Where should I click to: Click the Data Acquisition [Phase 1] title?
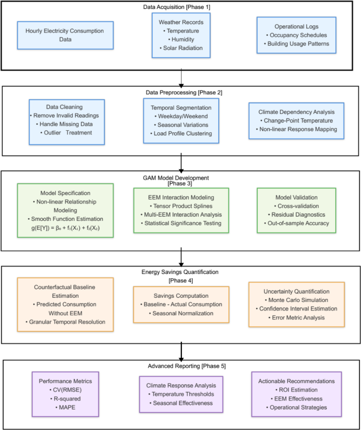tap(180, 7)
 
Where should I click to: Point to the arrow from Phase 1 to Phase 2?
tap(181, 76)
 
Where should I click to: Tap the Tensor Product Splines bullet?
tap(181, 206)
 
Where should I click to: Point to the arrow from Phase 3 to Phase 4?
tap(181, 258)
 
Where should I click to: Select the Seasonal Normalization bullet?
tap(181, 313)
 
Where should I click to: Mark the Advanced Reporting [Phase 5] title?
tap(180, 366)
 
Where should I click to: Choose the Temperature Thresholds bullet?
tap(181, 394)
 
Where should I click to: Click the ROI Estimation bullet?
tap(296, 390)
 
